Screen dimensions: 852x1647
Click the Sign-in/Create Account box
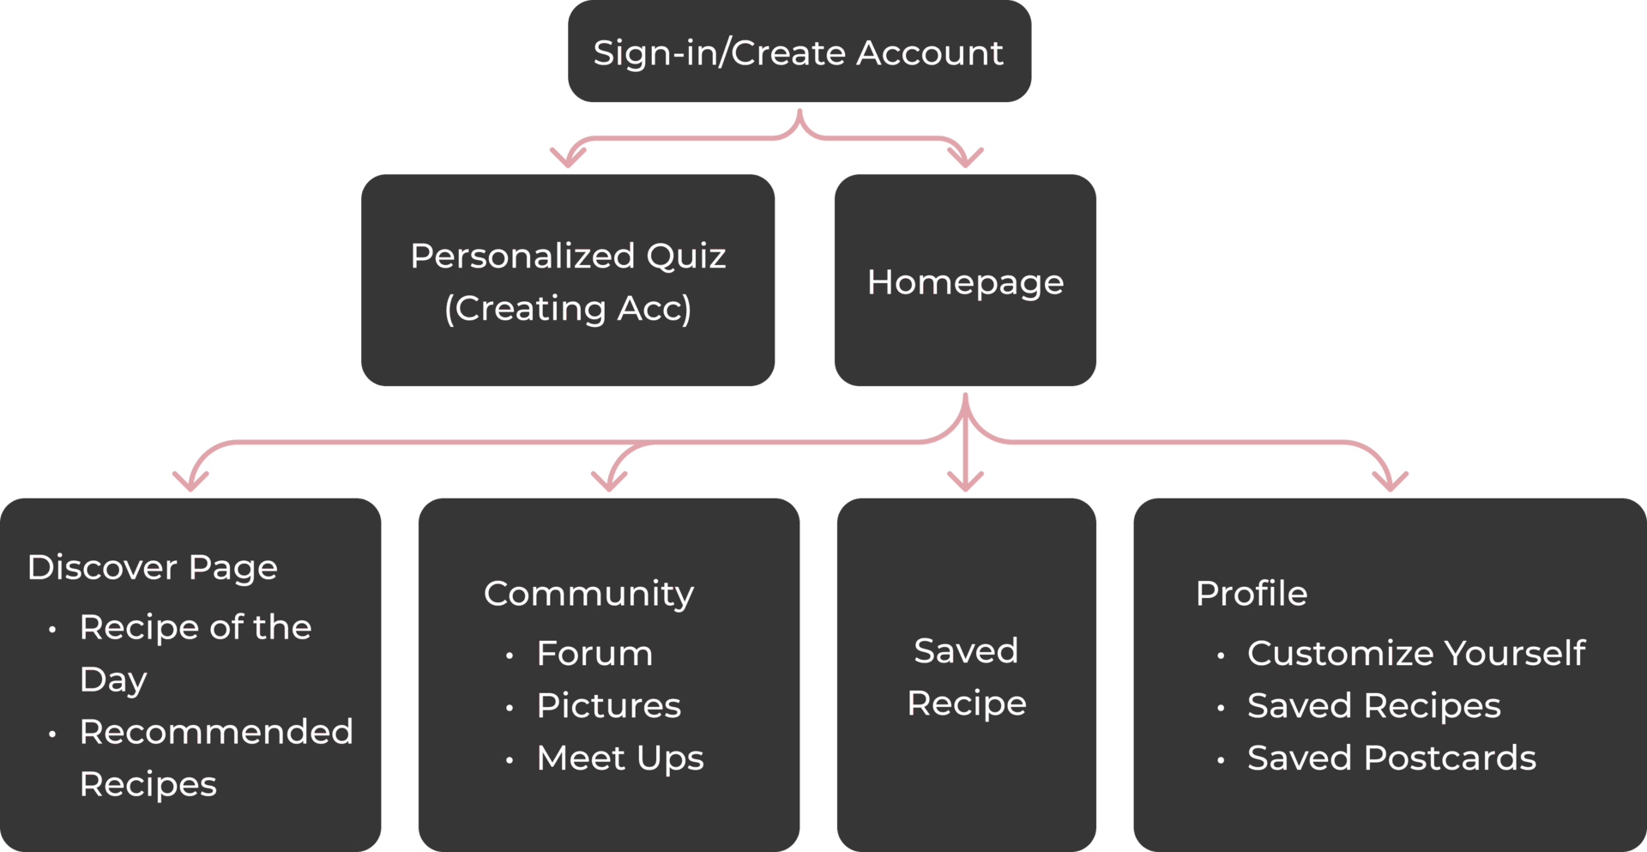pos(799,52)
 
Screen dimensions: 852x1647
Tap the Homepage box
pos(965,281)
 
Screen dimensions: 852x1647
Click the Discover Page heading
pos(153,567)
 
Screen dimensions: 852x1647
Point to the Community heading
pos(588,594)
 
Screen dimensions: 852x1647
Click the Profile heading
pos(1251,594)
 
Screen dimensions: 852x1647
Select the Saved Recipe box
pos(966,676)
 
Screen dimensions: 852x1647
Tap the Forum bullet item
pos(594,654)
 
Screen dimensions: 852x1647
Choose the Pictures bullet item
pos(608,706)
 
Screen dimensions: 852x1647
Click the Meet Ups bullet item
pos(619,758)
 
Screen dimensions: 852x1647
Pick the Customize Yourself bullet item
pos(1415,654)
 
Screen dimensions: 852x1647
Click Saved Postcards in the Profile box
pos(1391,758)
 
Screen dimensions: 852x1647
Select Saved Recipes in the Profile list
pos(1373,706)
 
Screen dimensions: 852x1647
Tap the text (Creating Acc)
pos(567,308)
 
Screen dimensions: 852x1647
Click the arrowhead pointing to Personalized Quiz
pos(566,159)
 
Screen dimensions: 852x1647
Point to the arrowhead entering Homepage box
pos(966,159)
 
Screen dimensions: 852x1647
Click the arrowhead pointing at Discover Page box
pos(190,481)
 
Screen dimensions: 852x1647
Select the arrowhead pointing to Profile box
pos(1390,481)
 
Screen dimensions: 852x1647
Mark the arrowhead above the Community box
pos(609,481)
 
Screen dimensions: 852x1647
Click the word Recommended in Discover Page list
pos(216,733)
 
